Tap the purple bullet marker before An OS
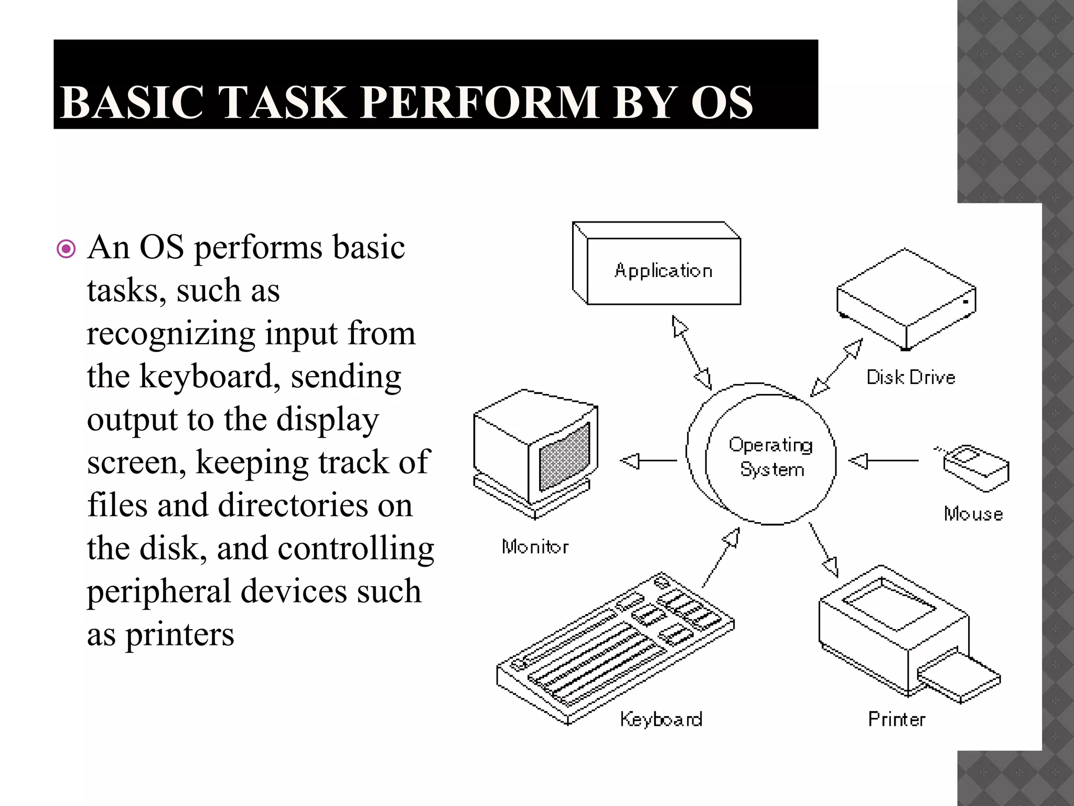(66, 249)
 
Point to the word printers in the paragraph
(179, 634)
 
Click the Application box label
(663, 271)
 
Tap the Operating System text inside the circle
(771, 457)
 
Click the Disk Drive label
(910, 377)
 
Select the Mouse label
(973, 514)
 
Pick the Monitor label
(535, 547)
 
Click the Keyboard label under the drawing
(661, 719)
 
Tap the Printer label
(897, 719)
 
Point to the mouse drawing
(976, 467)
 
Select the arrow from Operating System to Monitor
(648, 461)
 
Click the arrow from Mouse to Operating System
(883, 461)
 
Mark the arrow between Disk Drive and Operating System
(836, 367)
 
